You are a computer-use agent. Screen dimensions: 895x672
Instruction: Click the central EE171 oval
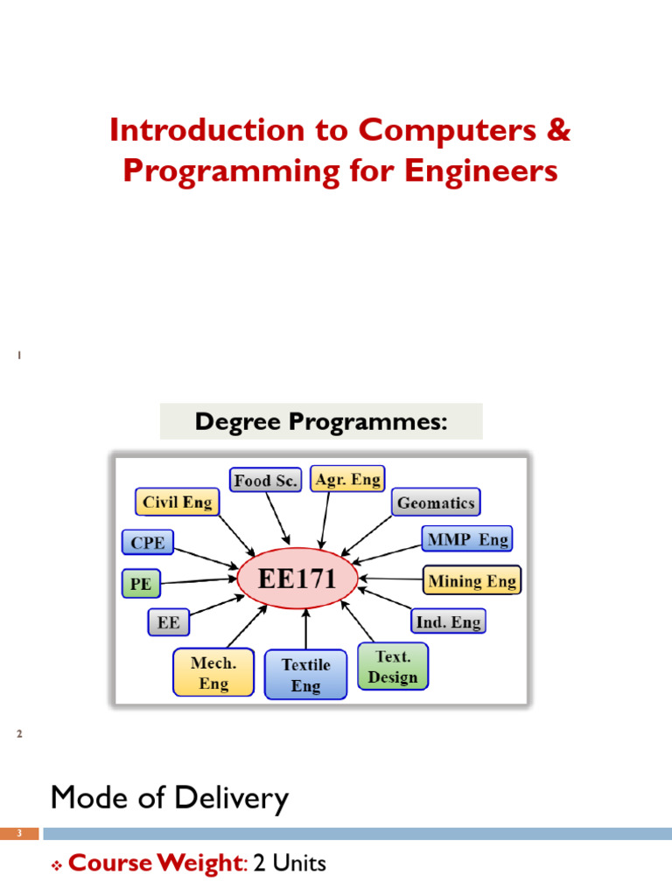pyautogui.click(x=298, y=578)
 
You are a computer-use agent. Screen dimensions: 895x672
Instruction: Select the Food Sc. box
pyautogui.click(x=266, y=480)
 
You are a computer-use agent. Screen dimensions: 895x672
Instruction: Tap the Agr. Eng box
pyautogui.click(x=346, y=479)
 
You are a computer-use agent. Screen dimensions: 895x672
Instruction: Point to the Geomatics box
pyautogui.click(x=435, y=503)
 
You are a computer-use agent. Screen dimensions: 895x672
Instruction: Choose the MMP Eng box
pyautogui.click(x=466, y=539)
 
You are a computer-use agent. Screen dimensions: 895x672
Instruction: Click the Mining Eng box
pyautogui.click(x=472, y=580)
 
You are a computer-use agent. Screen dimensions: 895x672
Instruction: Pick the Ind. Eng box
pyautogui.click(x=447, y=621)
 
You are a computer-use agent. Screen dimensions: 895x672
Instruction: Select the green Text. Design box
pyautogui.click(x=393, y=667)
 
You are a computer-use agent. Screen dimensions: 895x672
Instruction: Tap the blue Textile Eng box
pyautogui.click(x=305, y=676)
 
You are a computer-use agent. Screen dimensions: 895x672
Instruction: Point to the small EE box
pyautogui.click(x=168, y=622)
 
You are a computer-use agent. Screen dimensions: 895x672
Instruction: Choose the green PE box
pyautogui.click(x=140, y=582)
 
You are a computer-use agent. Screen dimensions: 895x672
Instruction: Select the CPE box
pyautogui.click(x=147, y=543)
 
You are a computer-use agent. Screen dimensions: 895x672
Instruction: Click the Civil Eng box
pyautogui.click(x=178, y=502)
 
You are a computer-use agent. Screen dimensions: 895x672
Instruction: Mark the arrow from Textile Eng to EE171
pyautogui.click(x=305, y=629)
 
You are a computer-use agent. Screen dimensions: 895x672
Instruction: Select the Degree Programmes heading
pyautogui.click(x=321, y=422)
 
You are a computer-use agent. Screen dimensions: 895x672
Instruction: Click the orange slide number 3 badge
pyautogui.click(x=19, y=834)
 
